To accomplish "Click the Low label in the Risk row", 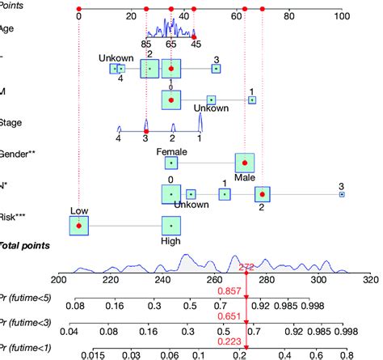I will [78, 211].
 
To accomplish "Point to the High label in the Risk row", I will [171, 240].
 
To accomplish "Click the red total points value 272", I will [246, 266].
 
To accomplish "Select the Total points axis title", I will [24, 245].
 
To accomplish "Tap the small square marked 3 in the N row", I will [341, 194].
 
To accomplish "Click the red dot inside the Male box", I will [245, 163].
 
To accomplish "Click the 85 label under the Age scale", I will [145, 46].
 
